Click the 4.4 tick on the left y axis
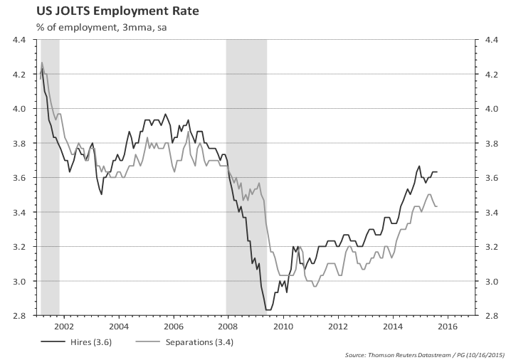pos(19,40)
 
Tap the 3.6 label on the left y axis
pos(19,178)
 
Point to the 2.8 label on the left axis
pos(19,316)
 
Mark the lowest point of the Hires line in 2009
pos(268,310)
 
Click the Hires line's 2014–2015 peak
pos(419,166)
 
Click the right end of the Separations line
pos(436,206)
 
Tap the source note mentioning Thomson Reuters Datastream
pos(426,354)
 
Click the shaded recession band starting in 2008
pos(246,178)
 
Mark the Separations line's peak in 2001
pos(42,63)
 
